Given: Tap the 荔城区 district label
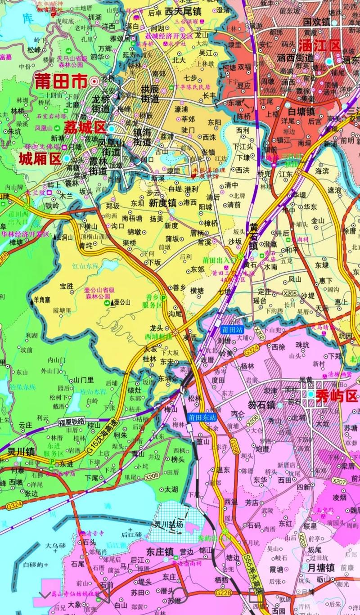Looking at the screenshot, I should pyautogui.click(x=85, y=128).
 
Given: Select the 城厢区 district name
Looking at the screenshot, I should pyautogui.click(x=40, y=158).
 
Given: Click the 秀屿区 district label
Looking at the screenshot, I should pyautogui.click(x=336, y=396).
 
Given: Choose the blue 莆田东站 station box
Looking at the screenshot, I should pyautogui.click(x=202, y=417).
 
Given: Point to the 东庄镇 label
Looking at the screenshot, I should pyautogui.click(x=160, y=551).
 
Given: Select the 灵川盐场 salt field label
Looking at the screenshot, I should pyautogui.click(x=169, y=524).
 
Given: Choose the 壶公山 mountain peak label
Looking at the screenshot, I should pyautogui.click(x=121, y=302).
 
